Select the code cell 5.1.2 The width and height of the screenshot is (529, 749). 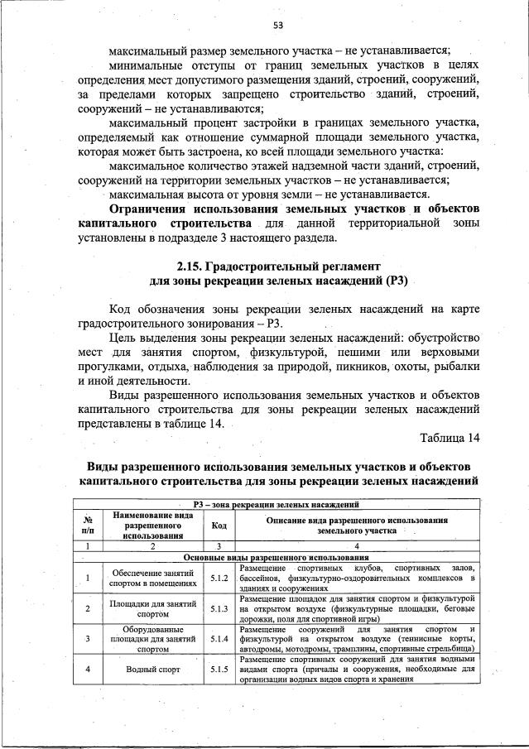click(x=219, y=577)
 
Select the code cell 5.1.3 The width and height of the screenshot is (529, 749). click(x=219, y=608)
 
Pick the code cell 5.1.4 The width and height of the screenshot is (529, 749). click(x=219, y=639)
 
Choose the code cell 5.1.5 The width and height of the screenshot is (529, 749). click(x=219, y=670)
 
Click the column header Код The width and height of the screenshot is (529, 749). click(x=219, y=525)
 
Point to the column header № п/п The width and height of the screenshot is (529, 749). click(x=87, y=525)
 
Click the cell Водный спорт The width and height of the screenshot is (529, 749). click(x=153, y=670)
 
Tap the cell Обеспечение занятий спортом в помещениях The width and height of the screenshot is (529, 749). click(x=153, y=577)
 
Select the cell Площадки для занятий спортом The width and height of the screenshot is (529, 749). click(x=153, y=608)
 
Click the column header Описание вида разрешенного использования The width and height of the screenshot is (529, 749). click(x=357, y=520)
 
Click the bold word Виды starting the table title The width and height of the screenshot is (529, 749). click(x=105, y=466)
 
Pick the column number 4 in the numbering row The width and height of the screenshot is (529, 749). click(x=357, y=546)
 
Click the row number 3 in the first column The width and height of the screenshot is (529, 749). click(x=87, y=639)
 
